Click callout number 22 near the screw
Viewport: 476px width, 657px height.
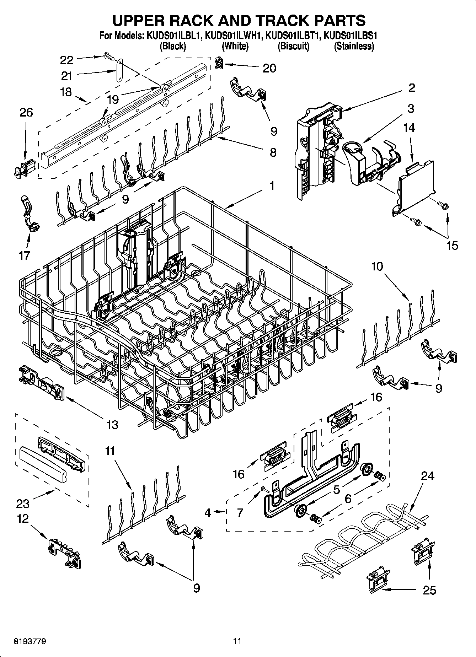click(x=66, y=60)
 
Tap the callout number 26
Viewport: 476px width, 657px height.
click(x=26, y=113)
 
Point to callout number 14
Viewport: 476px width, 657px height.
click(x=409, y=128)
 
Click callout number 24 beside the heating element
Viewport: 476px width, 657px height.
click(x=427, y=476)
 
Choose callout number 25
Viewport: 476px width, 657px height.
click(x=429, y=591)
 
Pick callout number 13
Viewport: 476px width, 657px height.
click(x=112, y=425)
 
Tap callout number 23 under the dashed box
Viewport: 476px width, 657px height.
click(x=23, y=503)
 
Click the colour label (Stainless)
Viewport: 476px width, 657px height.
click(x=354, y=46)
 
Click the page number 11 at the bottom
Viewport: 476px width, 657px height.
click(x=237, y=641)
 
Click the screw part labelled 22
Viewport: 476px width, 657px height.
click(x=107, y=56)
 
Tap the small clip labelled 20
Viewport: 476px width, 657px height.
click(x=219, y=63)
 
